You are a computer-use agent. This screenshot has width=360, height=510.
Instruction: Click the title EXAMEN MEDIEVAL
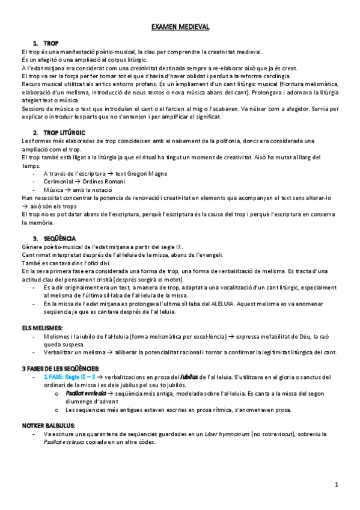click(180, 28)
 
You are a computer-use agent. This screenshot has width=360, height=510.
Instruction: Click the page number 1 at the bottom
click(337, 484)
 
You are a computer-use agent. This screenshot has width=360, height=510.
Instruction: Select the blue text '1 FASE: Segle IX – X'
click(69, 377)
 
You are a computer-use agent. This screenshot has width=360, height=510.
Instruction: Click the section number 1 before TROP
click(35, 44)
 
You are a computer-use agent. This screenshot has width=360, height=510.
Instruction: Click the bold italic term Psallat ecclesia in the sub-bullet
click(85, 393)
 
